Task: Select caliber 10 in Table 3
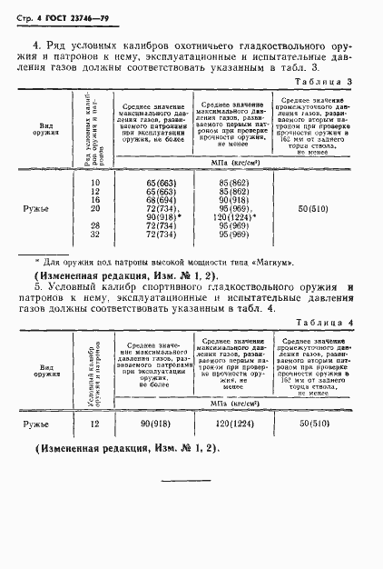tap(94, 184)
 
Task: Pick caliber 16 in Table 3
tap(94, 200)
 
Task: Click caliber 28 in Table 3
tap(94, 225)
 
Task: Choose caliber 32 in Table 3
tap(94, 233)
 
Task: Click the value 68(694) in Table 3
tap(160, 200)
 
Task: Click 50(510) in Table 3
tap(319, 208)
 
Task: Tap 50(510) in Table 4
tap(319, 424)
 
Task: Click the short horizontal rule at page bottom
tap(185, 479)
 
